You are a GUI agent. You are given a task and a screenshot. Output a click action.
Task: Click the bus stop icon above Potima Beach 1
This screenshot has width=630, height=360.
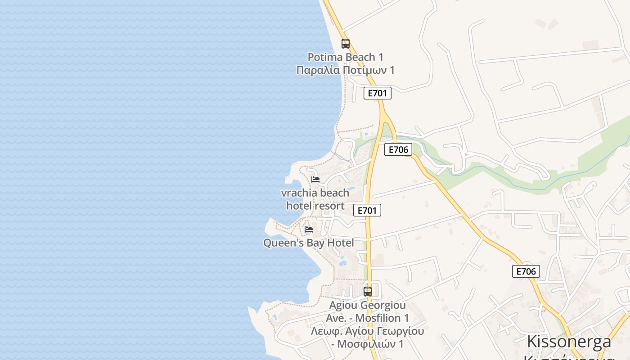(346, 44)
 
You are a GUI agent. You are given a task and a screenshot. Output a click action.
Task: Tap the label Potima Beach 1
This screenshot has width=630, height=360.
(346, 57)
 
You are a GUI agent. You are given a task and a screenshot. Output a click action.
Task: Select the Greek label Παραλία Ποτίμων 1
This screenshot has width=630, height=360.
(346, 70)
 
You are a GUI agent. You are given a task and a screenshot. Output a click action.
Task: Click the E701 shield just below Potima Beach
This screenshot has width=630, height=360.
(377, 93)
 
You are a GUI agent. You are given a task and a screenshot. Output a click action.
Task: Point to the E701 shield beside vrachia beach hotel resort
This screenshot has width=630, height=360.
(367, 210)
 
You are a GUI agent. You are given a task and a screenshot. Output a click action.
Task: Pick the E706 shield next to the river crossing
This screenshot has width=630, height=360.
(398, 149)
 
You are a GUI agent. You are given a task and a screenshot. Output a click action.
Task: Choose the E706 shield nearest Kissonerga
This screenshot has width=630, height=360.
(526, 271)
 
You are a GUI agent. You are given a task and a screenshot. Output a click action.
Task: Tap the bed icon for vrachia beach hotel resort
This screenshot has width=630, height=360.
(315, 179)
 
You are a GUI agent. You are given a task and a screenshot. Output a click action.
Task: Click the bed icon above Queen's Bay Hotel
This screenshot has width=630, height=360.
(309, 229)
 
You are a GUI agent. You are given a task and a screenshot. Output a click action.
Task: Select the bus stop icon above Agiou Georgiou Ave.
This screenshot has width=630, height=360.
(368, 291)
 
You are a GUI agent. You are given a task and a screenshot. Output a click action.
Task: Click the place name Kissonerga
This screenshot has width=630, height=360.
(569, 341)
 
